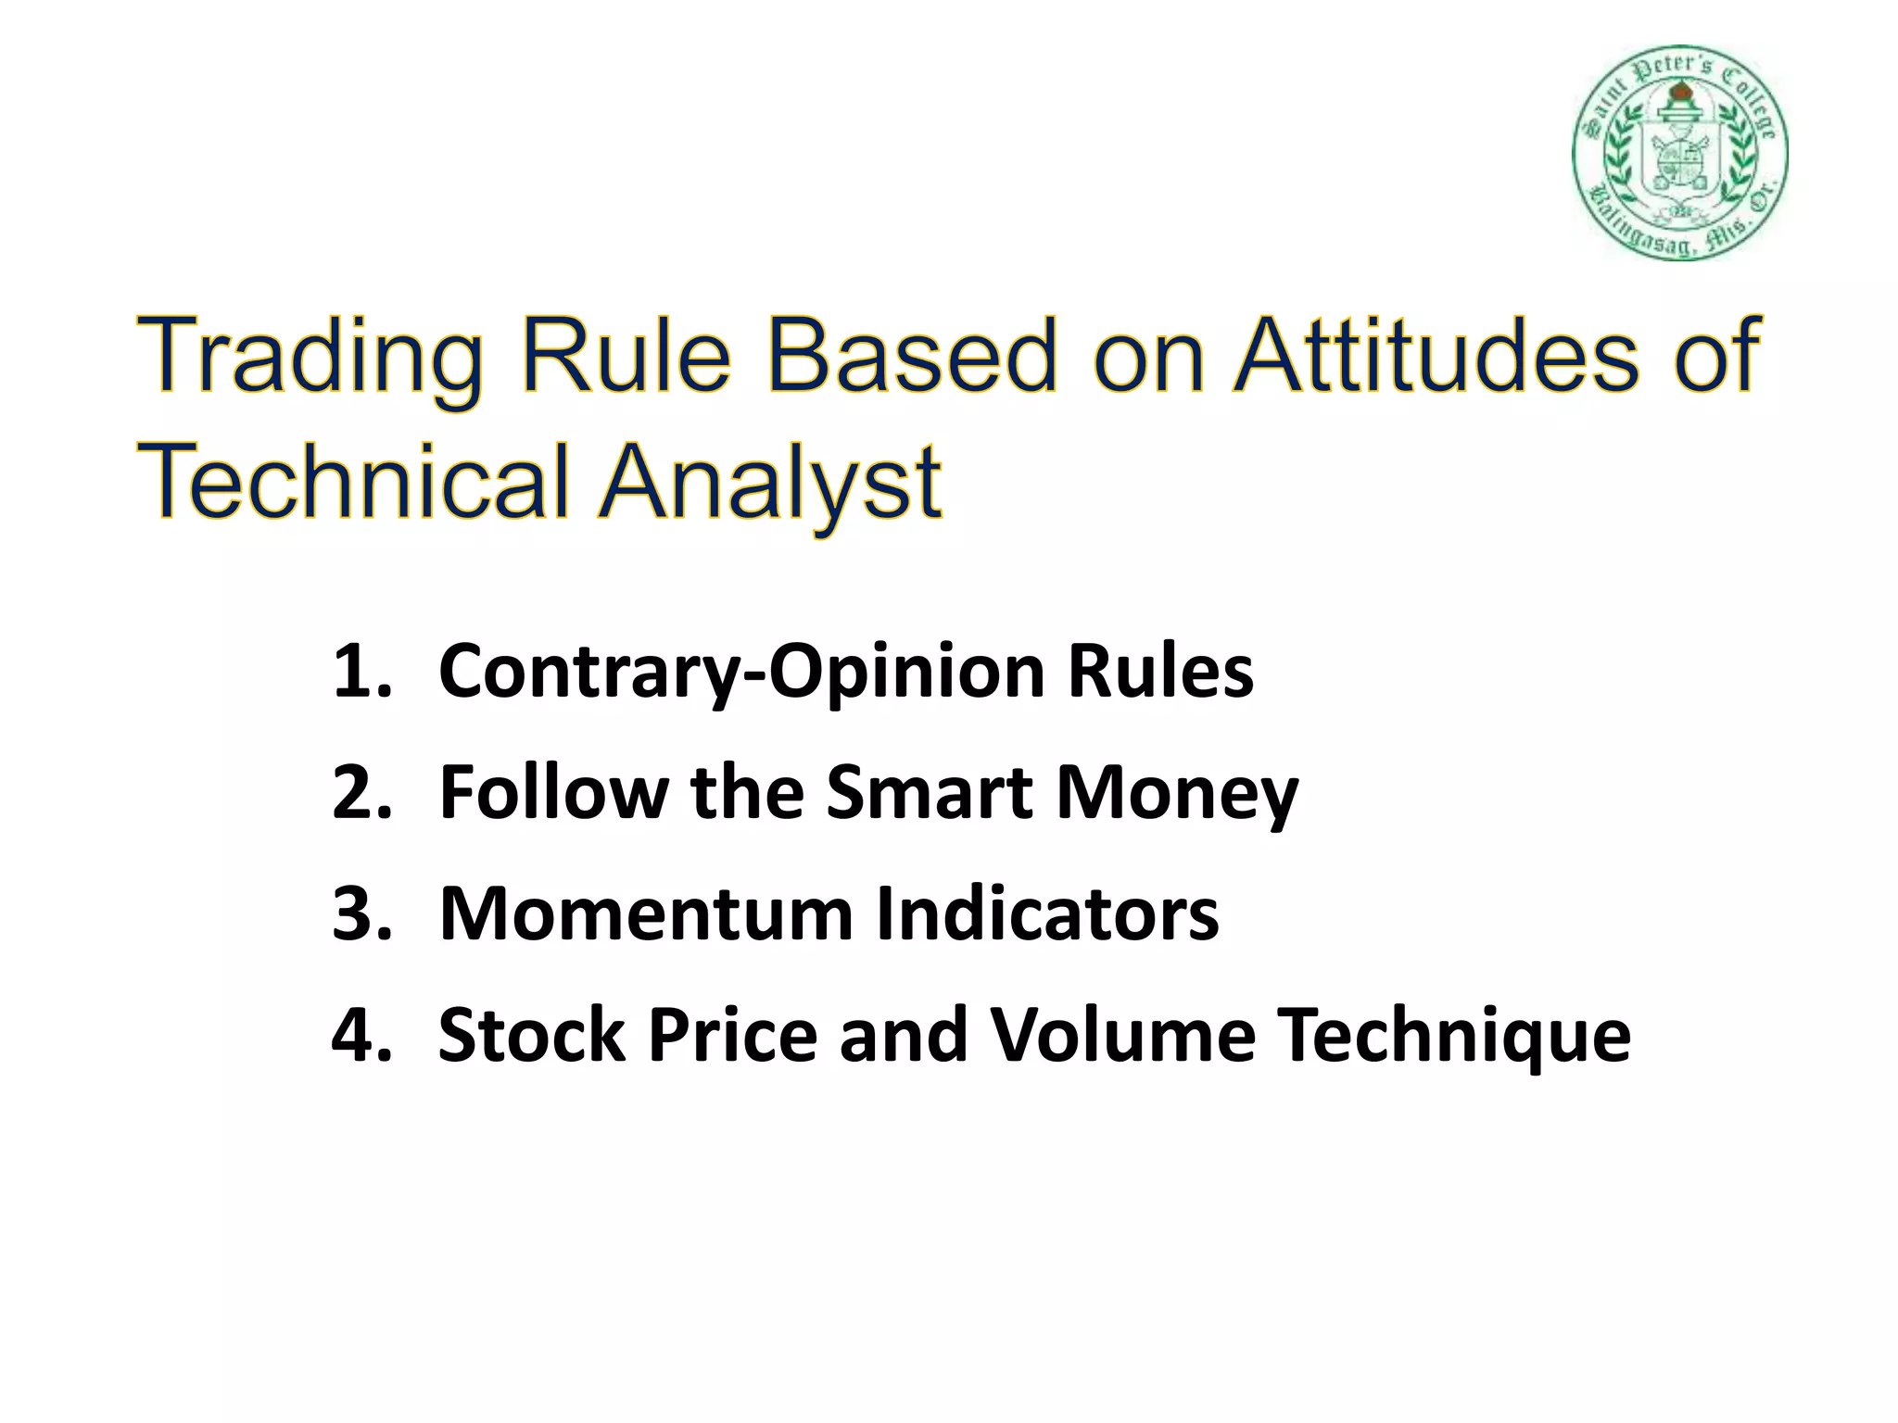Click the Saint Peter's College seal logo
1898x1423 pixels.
[x=1679, y=153]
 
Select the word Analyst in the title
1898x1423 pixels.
[x=770, y=481]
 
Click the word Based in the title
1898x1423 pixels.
[x=911, y=355]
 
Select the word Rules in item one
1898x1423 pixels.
[x=1160, y=671]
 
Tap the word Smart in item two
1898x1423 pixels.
[x=929, y=792]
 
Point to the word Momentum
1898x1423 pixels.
[x=645, y=913]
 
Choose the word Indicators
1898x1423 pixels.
[x=1046, y=913]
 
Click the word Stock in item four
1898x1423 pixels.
[x=532, y=1035]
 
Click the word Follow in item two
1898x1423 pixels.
[x=553, y=792]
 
